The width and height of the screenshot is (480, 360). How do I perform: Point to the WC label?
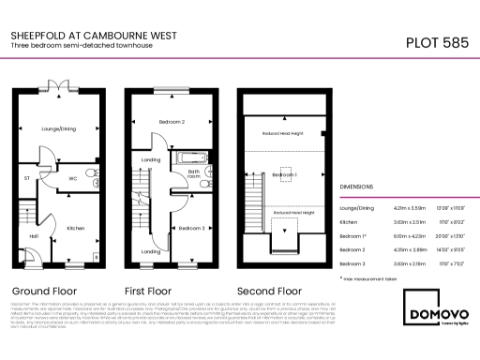point(72,175)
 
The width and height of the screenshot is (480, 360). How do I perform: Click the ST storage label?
point(27,175)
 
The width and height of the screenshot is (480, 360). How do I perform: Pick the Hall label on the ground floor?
point(33,235)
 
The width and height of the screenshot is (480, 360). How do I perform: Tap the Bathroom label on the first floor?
point(194,173)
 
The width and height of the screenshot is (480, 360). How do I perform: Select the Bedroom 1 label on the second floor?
point(285,175)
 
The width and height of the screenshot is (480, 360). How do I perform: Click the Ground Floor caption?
point(51,290)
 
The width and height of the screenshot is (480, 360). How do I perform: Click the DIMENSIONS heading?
point(357,187)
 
